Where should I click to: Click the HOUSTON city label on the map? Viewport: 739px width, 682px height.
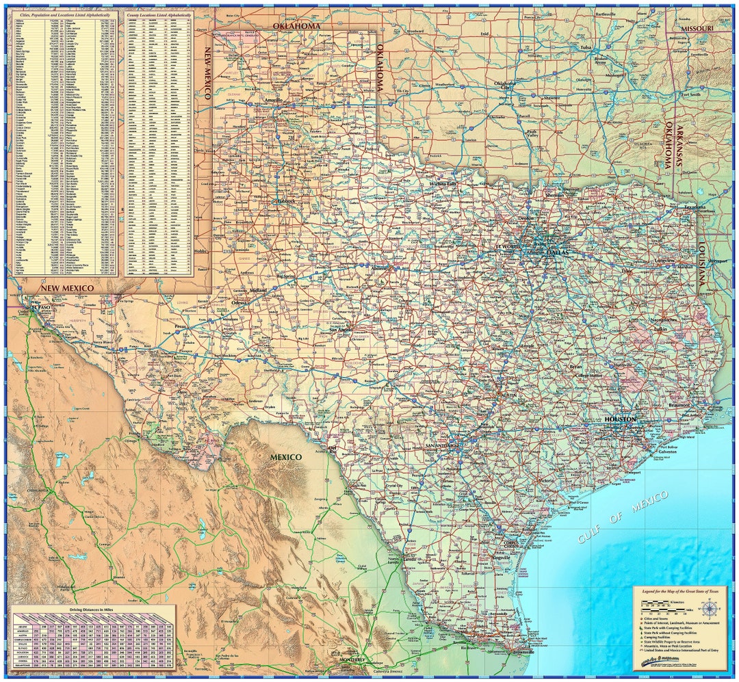[620, 419]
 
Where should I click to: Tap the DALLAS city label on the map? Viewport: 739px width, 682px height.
[557, 251]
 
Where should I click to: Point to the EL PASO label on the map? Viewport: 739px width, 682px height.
[42, 308]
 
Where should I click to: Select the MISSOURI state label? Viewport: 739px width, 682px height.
[697, 28]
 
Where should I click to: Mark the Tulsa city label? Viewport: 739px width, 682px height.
[586, 47]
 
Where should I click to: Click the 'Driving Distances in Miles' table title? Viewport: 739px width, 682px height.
[92, 608]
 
